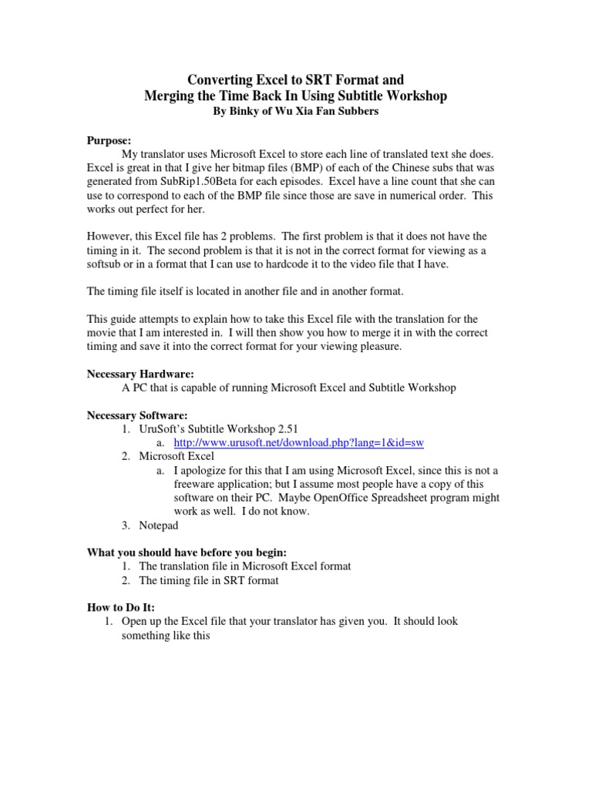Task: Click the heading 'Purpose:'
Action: pyautogui.click(x=108, y=140)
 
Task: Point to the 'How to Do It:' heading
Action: pyautogui.click(x=120, y=607)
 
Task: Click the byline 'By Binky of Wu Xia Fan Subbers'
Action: pyautogui.click(x=296, y=111)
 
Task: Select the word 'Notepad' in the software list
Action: pyautogui.click(x=158, y=525)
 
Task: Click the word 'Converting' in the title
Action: pyautogui.click(x=221, y=80)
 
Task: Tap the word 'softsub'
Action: pyautogui.click(x=104, y=264)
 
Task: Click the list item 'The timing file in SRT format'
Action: pyautogui.click(x=208, y=580)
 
